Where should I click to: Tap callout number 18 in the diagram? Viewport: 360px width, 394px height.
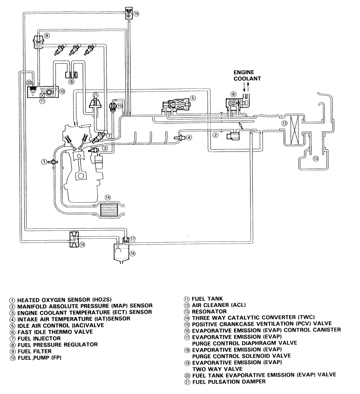tap(136, 14)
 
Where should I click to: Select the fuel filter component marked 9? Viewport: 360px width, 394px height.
tap(71, 75)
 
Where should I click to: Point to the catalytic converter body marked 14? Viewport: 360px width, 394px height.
tap(108, 209)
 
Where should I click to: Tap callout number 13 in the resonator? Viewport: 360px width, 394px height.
tap(315, 159)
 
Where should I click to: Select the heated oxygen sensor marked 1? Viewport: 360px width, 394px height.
tap(53, 162)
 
